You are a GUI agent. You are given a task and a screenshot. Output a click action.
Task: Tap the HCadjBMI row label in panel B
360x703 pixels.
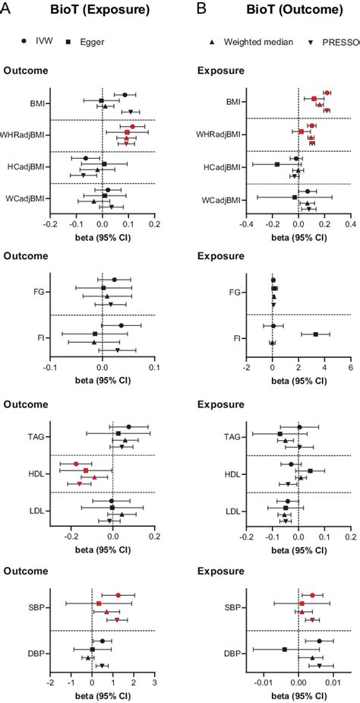click(222, 167)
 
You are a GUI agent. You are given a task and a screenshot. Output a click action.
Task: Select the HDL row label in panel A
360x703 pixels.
click(35, 475)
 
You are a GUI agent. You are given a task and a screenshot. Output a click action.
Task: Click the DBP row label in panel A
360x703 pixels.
click(35, 653)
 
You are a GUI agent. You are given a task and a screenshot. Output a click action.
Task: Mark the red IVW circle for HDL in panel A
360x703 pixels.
click(76, 464)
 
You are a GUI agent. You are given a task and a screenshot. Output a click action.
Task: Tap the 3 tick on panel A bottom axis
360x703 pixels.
click(154, 682)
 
